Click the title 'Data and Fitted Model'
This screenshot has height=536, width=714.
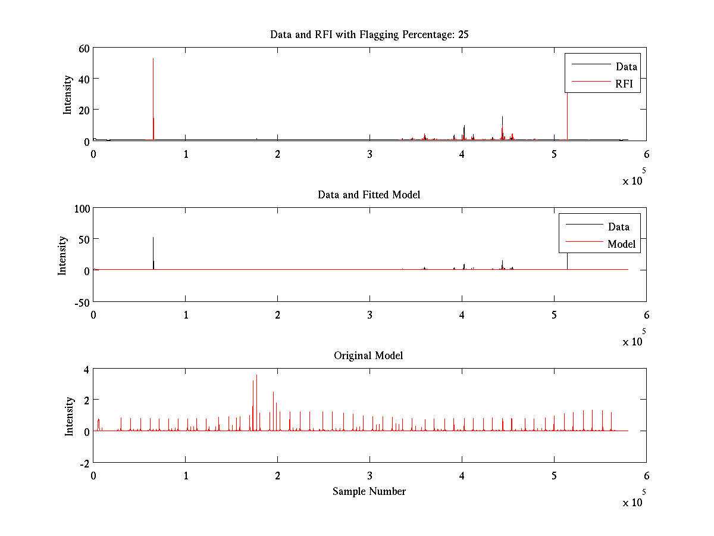pos(369,195)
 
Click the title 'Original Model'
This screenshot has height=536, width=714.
pos(368,356)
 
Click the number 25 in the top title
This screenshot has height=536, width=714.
pos(463,35)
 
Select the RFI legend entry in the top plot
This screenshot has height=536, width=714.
pos(628,84)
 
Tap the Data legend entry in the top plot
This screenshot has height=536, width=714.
pos(627,66)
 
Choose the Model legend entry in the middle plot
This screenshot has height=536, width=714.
pos(621,244)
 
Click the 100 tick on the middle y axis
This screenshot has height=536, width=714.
pos(80,208)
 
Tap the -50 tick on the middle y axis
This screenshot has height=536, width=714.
pos(80,302)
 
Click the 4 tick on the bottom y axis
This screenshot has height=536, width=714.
pos(86,369)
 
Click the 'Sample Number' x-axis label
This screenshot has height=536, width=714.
pos(369,491)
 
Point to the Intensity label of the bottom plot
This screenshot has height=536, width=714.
pos(69,416)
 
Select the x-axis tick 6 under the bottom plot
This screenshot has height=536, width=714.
pos(646,476)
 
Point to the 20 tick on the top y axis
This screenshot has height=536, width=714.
pos(83,110)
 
